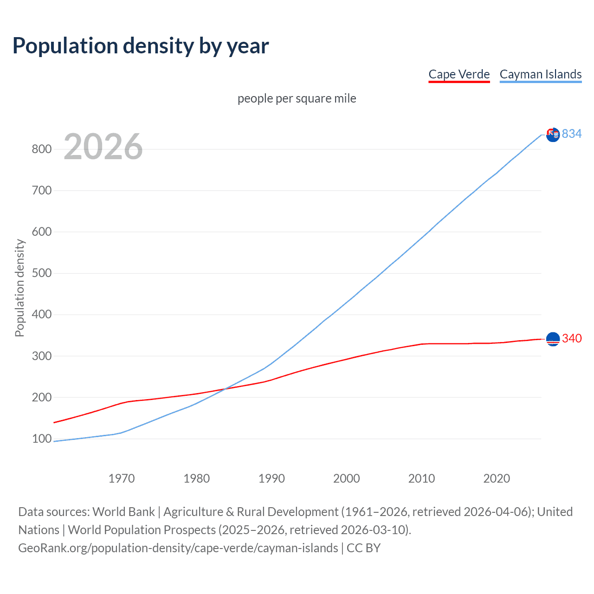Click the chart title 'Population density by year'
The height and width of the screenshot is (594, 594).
pyautogui.click(x=141, y=46)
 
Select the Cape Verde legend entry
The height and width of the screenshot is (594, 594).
pyautogui.click(x=459, y=74)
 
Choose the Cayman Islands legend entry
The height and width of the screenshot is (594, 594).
pyautogui.click(x=540, y=74)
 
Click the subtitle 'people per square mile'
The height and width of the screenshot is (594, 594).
pyautogui.click(x=297, y=98)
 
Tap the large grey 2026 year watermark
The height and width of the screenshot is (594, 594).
pyautogui.click(x=103, y=147)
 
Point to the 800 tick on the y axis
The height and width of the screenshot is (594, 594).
pyautogui.click(x=41, y=149)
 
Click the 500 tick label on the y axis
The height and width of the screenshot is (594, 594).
pyautogui.click(x=41, y=273)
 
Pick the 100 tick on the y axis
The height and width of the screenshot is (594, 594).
pyautogui.click(x=41, y=439)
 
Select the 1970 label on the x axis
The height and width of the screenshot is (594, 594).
pyautogui.click(x=122, y=478)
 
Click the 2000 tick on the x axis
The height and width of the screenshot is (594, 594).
pyautogui.click(x=347, y=478)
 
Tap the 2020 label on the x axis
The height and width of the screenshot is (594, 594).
pyautogui.click(x=497, y=478)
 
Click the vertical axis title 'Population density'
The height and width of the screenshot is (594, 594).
pyautogui.click(x=19, y=288)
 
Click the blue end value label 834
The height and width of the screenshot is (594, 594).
pyautogui.click(x=572, y=134)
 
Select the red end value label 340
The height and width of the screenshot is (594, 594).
pyautogui.click(x=572, y=339)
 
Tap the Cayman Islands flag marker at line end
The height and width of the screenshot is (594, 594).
pyautogui.click(x=553, y=135)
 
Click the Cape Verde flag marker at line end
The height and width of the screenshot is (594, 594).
pyautogui.click(x=553, y=339)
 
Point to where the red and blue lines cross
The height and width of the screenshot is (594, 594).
pyautogui.click(x=225, y=388)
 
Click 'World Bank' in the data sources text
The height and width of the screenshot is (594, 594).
pyautogui.click(x=123, y=512)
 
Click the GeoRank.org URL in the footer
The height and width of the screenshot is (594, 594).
pyautogui.click(x=178, y=548)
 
